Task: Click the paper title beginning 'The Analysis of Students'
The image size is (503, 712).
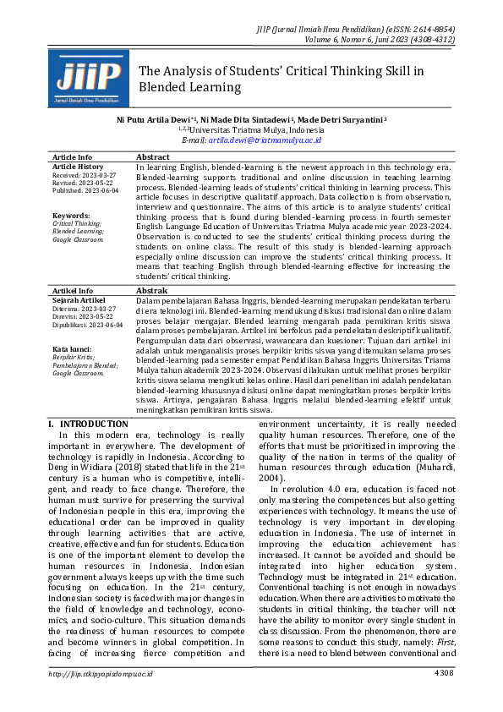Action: (x=282, y=79)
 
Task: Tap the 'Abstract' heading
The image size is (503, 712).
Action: (x=153, y=157)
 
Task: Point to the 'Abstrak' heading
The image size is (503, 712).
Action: (x=152, y=290)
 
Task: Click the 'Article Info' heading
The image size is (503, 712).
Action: (x=73, y=157)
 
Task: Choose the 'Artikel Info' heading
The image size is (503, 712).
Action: (x=73, y=290)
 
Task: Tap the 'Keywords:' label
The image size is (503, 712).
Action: (x=70, y=216)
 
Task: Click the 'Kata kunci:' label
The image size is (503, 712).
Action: (x=72, y=348)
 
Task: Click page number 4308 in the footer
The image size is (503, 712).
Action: (x=445, y=697)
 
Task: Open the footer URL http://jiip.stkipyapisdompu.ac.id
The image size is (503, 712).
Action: (x=101, y=697)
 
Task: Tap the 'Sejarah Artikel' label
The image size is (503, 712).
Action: (x=78, y=299)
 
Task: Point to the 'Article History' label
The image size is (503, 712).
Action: (x=79, y=167)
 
